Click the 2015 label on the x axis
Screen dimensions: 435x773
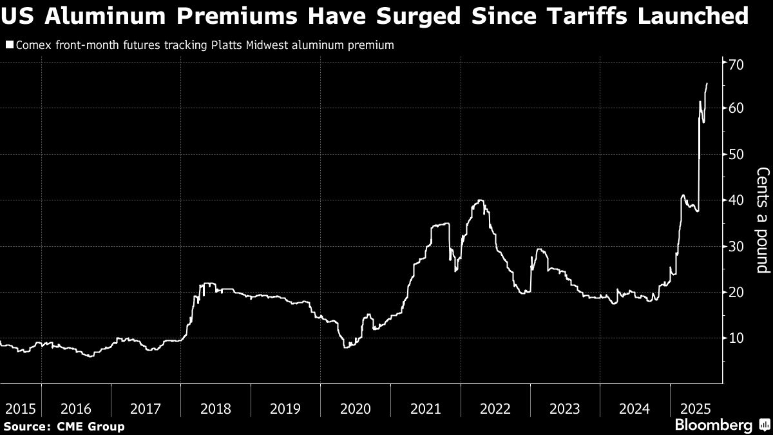20,408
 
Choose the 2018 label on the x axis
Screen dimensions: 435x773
216,408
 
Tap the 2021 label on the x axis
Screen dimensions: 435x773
425,408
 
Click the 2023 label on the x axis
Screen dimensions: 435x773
564,408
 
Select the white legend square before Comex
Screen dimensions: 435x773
9,46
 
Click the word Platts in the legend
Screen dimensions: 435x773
225,46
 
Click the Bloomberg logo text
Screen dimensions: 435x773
713,425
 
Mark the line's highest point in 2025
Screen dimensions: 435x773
707,83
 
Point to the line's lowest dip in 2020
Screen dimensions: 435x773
345,347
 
